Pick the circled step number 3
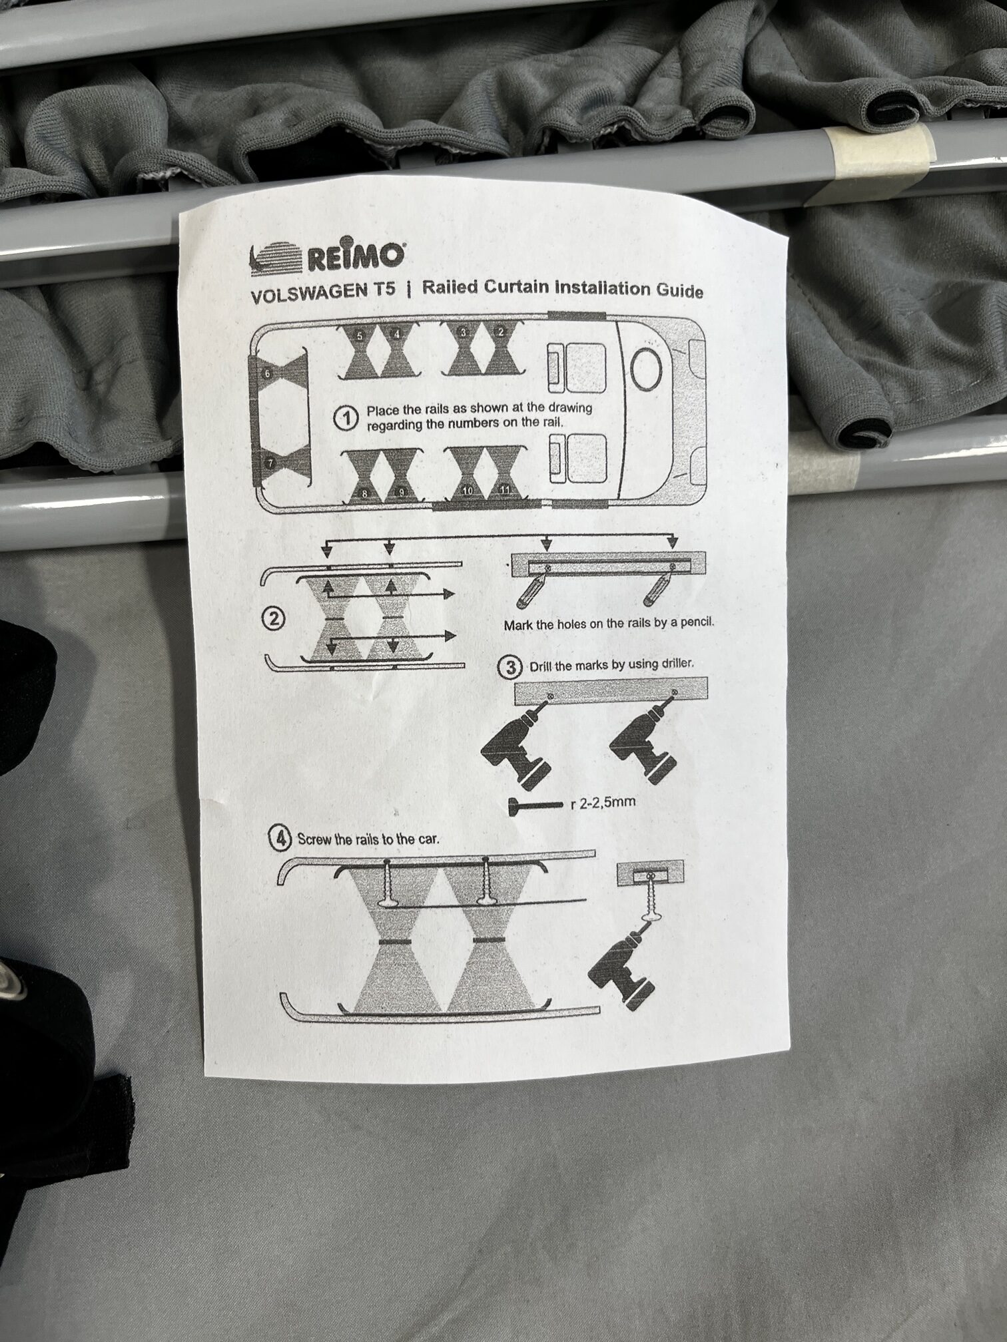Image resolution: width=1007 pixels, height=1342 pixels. point(511,668)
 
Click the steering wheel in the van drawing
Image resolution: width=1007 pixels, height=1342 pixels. point(645,367)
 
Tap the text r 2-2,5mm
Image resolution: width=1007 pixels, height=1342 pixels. point(603,802)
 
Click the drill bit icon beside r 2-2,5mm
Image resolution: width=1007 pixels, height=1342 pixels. point(537,806)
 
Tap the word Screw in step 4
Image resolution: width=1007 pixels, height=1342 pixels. point(314,839)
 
